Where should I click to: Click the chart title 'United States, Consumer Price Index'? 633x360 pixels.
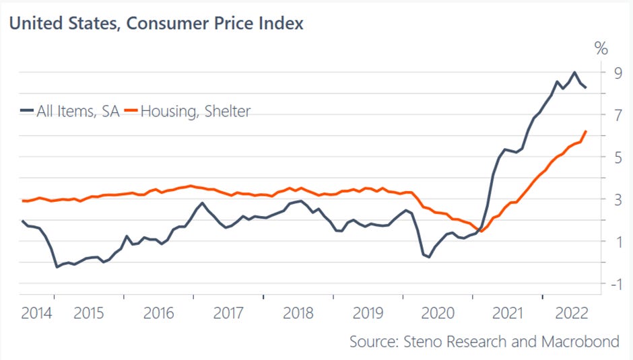[156, 24]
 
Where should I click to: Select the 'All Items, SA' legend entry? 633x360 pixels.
[69, 112]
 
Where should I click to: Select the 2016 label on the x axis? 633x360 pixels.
[158, 313]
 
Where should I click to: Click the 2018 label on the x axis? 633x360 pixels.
[298, 313]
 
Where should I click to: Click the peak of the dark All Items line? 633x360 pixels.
[574, 73]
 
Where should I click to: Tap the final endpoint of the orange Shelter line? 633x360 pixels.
[586, 131]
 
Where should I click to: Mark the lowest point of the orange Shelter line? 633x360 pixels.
[482, 231]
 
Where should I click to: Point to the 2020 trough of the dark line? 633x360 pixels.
[429, 256]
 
